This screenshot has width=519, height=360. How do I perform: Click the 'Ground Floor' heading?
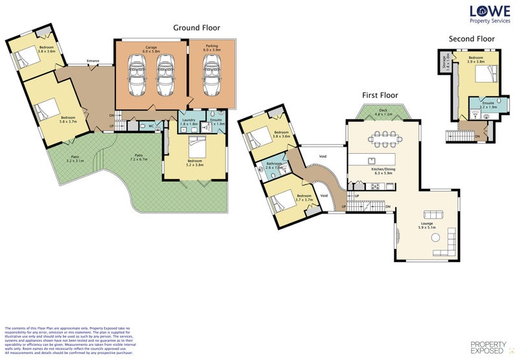point(196,28)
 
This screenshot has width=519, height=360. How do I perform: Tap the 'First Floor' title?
point(380,95)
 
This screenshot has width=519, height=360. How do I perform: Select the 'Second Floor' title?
point(472,39)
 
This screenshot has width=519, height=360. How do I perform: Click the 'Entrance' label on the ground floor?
point(93,62)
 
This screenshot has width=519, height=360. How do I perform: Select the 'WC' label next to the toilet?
point(151,125)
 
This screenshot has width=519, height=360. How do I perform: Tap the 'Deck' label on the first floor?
point(383,111)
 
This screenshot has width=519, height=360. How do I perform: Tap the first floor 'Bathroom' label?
point(274,163)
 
